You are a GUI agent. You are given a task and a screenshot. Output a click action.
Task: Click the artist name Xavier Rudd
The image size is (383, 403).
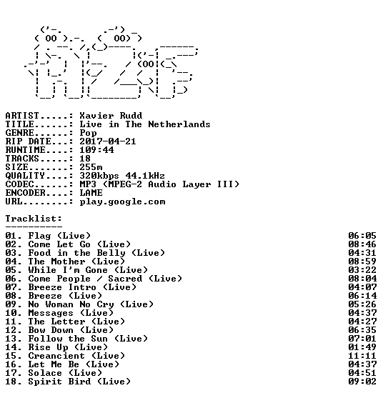[111, 116]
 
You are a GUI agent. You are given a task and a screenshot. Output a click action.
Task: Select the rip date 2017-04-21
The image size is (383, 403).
[108, 141]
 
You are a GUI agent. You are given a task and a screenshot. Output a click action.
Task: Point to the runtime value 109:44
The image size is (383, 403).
[96, 150]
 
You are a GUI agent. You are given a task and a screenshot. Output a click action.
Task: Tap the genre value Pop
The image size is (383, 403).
[88, 133]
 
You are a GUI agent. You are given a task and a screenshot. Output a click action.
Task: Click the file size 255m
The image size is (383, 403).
[91, 167]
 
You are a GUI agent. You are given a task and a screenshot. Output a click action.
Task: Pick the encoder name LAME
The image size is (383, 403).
[91, 193]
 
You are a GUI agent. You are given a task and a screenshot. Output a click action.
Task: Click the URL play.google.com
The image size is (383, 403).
[122, 201]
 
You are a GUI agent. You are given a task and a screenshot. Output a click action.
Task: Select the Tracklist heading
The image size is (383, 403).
[34, 219]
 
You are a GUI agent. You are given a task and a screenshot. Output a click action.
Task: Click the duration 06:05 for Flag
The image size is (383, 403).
[362, 236]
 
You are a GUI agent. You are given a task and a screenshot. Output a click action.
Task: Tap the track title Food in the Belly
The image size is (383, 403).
[77, 253]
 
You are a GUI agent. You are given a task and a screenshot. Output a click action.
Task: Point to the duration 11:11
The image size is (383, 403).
[362, 356]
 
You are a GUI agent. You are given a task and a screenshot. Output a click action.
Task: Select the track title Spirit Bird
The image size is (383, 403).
[59, 382]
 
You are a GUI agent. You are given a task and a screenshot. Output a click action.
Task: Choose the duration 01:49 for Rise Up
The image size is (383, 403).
[362, 347]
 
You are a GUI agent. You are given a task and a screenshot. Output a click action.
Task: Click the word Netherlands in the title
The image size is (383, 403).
[179, 124]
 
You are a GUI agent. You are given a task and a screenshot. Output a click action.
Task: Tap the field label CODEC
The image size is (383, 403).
[19, 184]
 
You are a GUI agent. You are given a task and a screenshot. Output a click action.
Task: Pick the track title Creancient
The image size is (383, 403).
[56, 356]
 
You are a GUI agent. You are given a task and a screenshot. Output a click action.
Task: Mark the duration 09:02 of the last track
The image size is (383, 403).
[362, 382]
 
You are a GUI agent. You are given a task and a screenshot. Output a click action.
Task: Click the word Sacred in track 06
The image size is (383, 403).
[125, 279]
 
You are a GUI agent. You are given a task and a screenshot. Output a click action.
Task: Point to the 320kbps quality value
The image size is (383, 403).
[99, 176]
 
